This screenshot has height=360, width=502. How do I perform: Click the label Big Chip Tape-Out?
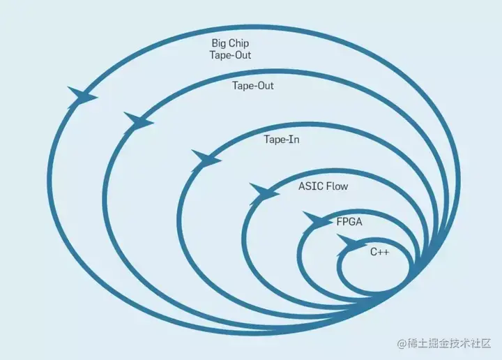[x=231, y=50]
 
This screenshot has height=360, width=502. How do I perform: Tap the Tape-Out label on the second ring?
[x=252, y=86]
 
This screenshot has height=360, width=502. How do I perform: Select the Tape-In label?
[x=281, y=140]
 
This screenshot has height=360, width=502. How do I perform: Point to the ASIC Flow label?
[x=323, y=186]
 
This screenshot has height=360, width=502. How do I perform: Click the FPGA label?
[x=349, y=222]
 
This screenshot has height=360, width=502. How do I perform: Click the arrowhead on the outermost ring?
[x=82, y=96]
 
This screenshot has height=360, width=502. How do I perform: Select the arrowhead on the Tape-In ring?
[x=206, y=158]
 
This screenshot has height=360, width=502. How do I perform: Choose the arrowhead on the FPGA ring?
[x=317, y=220]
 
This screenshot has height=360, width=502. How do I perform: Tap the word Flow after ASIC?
[x=336, y=186]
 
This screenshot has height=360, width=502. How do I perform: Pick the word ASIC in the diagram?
[x=310, y=186]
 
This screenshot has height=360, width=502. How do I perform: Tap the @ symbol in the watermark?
[x=402, y=344]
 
